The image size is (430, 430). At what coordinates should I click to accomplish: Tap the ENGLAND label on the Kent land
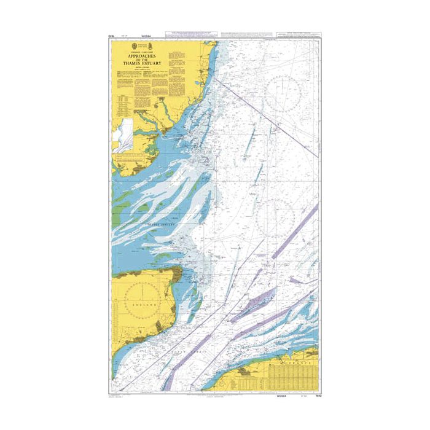pos(144,304)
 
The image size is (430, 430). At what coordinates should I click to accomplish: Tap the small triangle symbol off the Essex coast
pos(208,161)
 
